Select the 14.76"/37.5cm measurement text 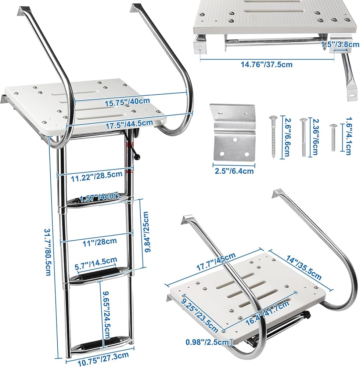(x=267, y=64)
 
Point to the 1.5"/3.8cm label (x=340, y=44)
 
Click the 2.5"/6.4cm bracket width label (x=234, y=171)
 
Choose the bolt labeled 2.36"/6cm (x=303, y=137)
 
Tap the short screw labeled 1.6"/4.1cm (x=333, y=137)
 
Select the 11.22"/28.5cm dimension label (x=97, y=176)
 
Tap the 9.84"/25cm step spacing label (x=147, y=232)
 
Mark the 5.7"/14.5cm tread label (x=96, y=264)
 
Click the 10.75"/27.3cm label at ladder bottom (x=103, y=359)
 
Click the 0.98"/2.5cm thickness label (x=207, y=342)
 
